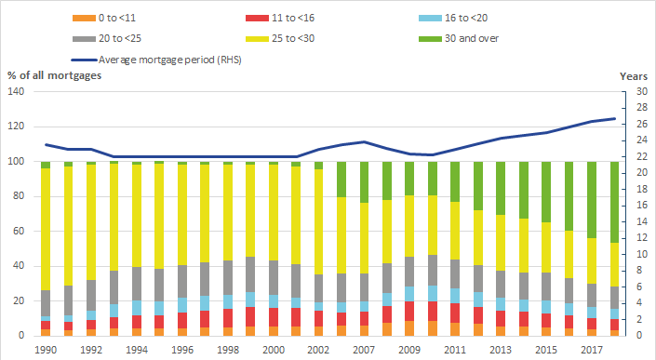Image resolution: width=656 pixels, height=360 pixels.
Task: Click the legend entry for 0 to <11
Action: pyautogui.click(x=104, y=18)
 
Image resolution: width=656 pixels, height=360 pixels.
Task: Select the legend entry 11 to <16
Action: pyautogui.click(x=280, y=18)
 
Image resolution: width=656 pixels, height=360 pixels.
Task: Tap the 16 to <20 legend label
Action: pyautogui.click(x=453, y=18)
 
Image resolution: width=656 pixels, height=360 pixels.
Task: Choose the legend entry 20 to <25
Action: pyautogui.click(x=107, y=38)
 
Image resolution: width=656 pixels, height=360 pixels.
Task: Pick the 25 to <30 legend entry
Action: pyautogui.click(x=280, y=38)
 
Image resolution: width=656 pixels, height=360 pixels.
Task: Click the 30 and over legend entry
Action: pyautogui.click(x=459, y=38)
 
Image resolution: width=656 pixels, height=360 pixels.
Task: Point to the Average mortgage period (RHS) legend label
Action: pyautogui.click(x=156, y=60)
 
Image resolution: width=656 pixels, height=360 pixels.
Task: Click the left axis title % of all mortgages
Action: pyautogui.click(x=54, y=75)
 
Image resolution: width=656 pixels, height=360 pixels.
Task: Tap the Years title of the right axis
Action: pyautogui.click(x=634, y=76)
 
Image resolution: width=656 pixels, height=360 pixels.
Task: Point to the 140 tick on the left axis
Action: pyautogui.click(x=16, y=91)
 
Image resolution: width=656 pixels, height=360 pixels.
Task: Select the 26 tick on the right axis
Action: pyautogui.click(x=642, y=124)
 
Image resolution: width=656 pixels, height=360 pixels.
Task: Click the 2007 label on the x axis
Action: pyautogui.click(x=364, y=350)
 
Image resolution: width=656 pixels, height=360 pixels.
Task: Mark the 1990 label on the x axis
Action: pyautogui.click(x=46, y=350)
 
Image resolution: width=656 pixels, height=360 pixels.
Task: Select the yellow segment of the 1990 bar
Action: pyautogui.click(x=46, y=229)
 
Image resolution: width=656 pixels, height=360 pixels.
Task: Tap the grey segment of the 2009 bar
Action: pyautogui.click(x=409, y=272)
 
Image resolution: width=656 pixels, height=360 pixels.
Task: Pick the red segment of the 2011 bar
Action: pyautogui.click(x=455, y=313)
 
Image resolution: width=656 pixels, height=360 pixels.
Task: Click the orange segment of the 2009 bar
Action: pyautogui.click(x=409, y=328)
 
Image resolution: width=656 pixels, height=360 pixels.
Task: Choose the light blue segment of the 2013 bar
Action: pyautogui.click(x=501, y=304)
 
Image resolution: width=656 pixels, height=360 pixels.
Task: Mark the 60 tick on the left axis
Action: pyautogui.click(x=19, y=231)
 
